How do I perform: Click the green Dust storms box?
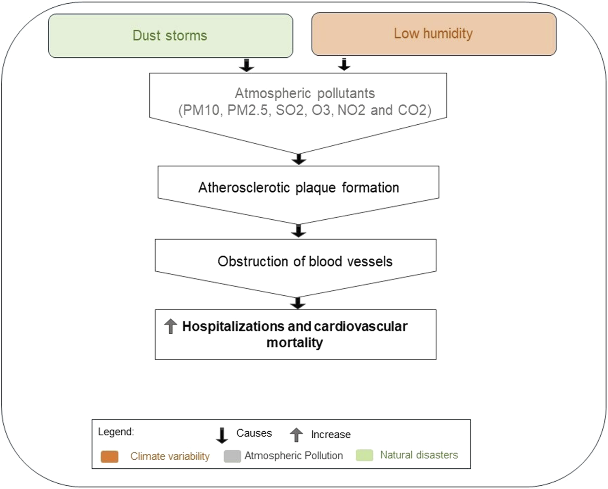click(171, 36)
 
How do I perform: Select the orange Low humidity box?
click(434, 34)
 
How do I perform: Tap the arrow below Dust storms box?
click(247, 65)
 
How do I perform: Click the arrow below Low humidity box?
click(344, 65)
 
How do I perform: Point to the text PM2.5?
click(247, 110)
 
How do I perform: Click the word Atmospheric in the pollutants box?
click(273, 93)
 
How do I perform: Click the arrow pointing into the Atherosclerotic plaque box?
click(299, 159)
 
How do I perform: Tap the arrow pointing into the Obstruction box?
click(299, 231)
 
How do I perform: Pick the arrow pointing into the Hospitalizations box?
click(298, 303)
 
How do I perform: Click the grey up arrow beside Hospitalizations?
click(171, 326)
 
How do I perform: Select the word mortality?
click(295, 343)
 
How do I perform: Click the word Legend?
click(116, 432)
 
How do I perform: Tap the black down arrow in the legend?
click(222, 435)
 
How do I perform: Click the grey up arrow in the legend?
click(296, 435)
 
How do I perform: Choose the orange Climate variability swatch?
click(110, 457)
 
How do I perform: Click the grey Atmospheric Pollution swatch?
click(232, 456)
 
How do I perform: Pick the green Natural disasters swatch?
click(365, 455)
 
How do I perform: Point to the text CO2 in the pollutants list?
click(412, 110)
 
